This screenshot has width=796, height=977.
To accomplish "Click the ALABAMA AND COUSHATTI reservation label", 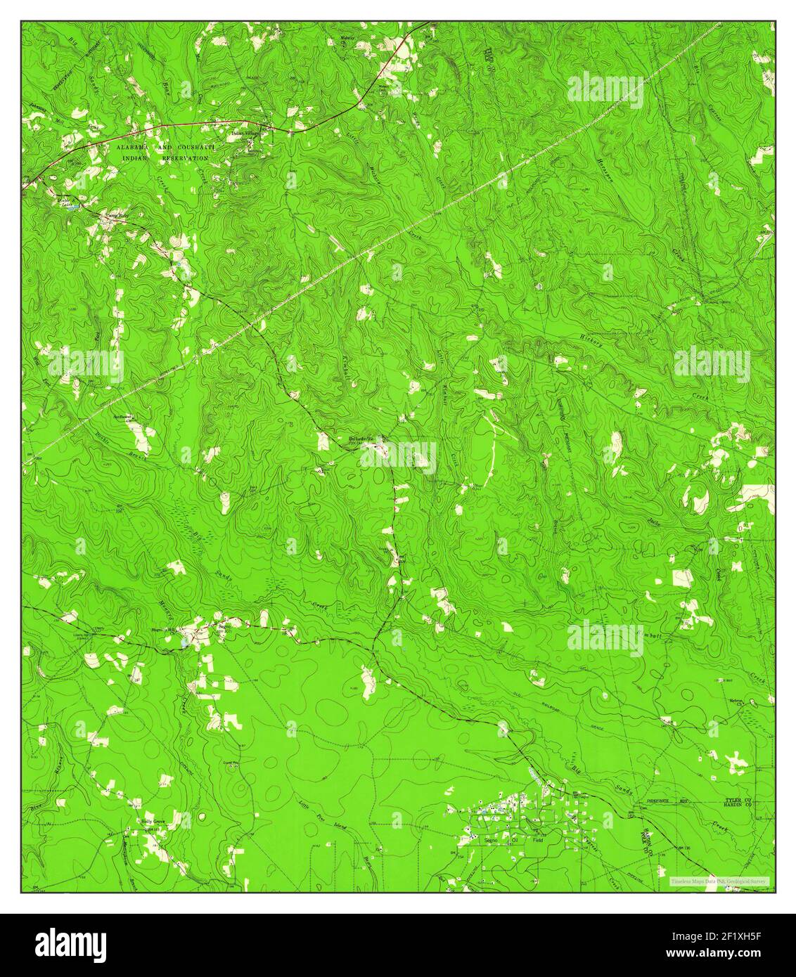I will click(166, 148).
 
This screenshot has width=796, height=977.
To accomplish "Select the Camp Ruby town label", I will click(114, 216).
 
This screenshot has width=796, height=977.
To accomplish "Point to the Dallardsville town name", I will click(365, 440).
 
